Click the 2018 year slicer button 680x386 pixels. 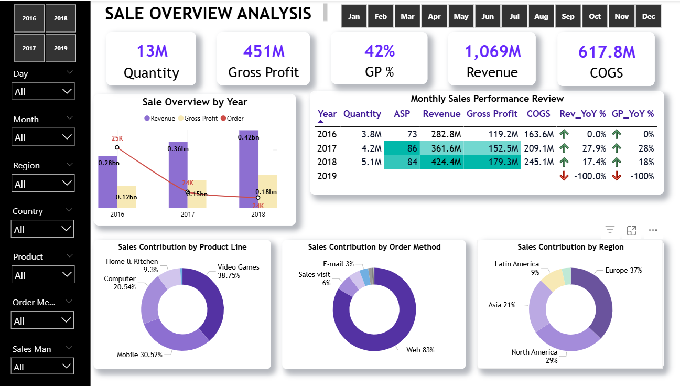(x=60, y=18)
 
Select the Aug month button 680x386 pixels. (x=541, y=17)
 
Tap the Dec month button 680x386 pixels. (x=649, y=17)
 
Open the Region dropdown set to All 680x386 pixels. (x=43, y=184)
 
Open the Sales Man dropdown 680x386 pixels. (x=43, y=367)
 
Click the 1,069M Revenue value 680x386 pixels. (x=493, y=51)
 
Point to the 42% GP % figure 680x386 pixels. (x=380, y=51)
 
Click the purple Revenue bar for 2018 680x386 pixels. (x=249, y=168)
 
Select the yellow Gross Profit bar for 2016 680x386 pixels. (x=126, y=197)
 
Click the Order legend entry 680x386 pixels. (x=232, y=119)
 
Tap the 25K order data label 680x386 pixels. (x=117, y=138)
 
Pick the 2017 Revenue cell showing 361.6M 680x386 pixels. (x=441, y=148)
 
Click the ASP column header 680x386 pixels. (x=402, y=114)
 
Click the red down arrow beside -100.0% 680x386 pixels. (x=564, y=176)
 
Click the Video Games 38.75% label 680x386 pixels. (x=239, y=271)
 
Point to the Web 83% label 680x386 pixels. (x=420, y=350)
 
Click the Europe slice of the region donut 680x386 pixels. (x=598, y=299)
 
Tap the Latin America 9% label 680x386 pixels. (x=517, y=268)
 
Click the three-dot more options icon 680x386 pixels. (x=653, y=230)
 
